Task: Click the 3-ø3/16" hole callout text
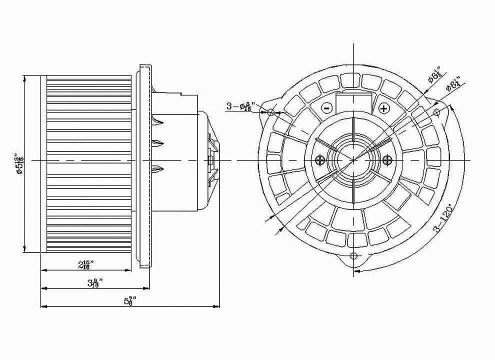click(x=241, y=106)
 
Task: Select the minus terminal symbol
click(x=326, y=107)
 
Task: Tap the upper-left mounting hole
click(x=271, y=112)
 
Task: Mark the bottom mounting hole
click(x=354, y=256)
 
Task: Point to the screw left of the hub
click(x=320, y=159)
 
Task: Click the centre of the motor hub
click(x=354, y=159)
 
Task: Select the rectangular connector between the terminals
click(x=354, y=102)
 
